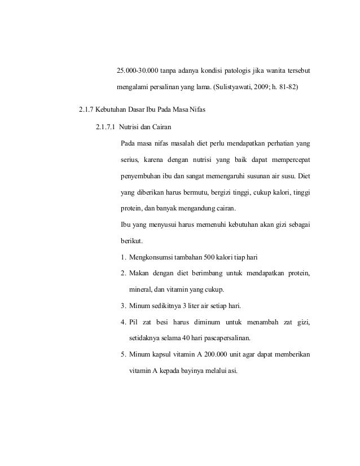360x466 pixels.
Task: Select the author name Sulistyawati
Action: click(233, 88)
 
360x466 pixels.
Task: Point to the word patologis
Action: click(232, 71)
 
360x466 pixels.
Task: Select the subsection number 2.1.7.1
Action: click(107, 126)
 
